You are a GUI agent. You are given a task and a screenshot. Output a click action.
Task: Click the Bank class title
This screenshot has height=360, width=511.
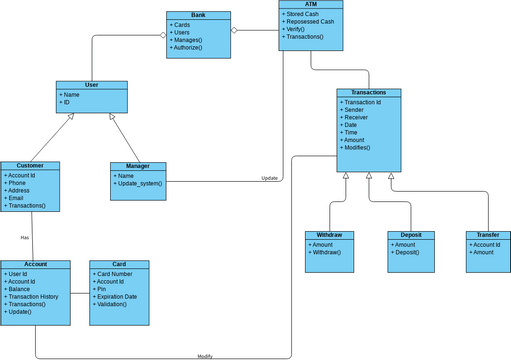coord(198,16)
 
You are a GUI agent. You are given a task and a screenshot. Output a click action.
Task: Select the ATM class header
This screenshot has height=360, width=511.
coord(311,5)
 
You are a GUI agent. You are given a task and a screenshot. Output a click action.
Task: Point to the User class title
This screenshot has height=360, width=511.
coord(91,85)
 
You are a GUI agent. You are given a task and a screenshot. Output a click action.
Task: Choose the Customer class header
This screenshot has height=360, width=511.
coord(30,165)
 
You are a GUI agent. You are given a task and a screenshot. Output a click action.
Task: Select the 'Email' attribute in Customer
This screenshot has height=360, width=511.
coord(16,198)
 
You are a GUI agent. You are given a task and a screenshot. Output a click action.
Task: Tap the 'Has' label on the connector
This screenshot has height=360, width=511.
coord(25,238)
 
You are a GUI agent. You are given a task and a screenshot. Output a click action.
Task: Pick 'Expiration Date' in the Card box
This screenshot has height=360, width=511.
coord(116,296)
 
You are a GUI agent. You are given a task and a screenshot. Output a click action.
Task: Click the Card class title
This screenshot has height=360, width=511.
coord(119,265)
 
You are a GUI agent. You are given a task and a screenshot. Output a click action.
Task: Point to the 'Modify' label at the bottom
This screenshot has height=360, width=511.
coord(205,356)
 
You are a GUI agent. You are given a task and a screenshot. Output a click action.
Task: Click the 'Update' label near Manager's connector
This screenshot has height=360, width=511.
coord(269,178)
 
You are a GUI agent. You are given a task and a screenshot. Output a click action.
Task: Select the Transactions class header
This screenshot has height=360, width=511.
coord(369,92)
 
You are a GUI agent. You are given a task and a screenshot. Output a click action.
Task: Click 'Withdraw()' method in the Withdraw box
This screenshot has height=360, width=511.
coord(326,252)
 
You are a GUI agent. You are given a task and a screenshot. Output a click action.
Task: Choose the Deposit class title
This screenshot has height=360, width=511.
coord(411,235)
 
